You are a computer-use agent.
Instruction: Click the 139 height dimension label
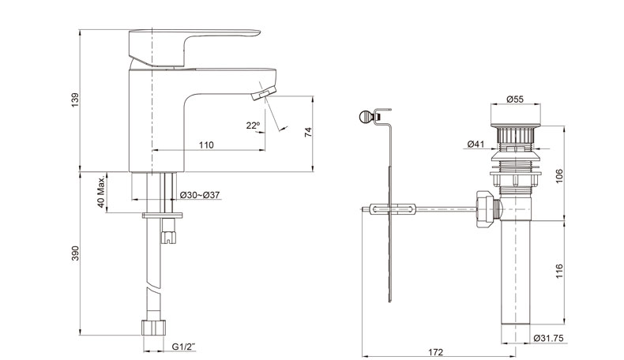tap(75, 99)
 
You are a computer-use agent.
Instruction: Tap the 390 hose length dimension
tap(75, 253)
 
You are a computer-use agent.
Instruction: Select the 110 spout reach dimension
tap(206, 144)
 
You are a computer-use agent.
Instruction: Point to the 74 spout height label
tap(308, 133)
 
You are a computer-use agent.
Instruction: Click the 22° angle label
tap(253, 126)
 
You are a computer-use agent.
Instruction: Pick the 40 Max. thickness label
tap(101, 192)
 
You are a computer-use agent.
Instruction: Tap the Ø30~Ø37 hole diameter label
tap(200, 195)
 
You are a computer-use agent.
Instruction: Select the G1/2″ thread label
tap(184, 347)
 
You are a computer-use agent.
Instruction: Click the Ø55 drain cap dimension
tap(515, 99)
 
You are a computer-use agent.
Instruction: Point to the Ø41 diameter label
tap(476, 144)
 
